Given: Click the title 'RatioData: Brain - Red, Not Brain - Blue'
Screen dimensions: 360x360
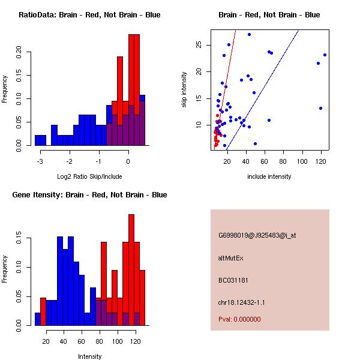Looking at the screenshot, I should click(x=89, y=15).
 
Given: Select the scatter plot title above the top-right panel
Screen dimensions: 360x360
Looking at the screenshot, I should click(x=269, y=15).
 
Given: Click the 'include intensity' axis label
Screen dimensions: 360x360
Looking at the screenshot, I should click(x=269, y=176).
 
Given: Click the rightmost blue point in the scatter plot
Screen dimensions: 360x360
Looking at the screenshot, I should click(x=325, y=55).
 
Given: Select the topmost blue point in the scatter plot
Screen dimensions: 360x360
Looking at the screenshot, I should click(x=249, y=34).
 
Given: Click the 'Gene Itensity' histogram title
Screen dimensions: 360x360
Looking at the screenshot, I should click(x=89, y=195).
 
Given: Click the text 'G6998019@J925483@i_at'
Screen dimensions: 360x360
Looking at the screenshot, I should click(x=257, y=235).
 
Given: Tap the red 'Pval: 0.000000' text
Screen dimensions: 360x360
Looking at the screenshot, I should click(x=239, y=319).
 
